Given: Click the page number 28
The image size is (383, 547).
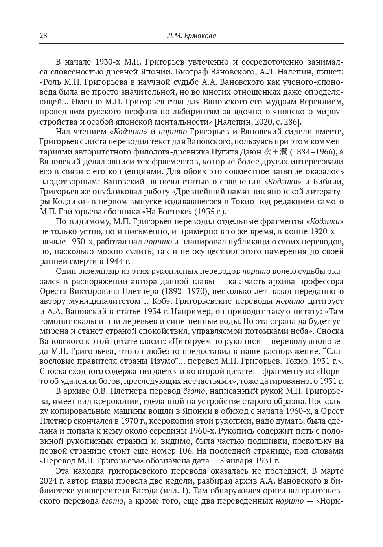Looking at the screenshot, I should pos(43,36).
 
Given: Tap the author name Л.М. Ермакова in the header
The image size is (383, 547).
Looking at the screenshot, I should pos(191,36).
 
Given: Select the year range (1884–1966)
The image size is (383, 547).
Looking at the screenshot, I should pos(313,152).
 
